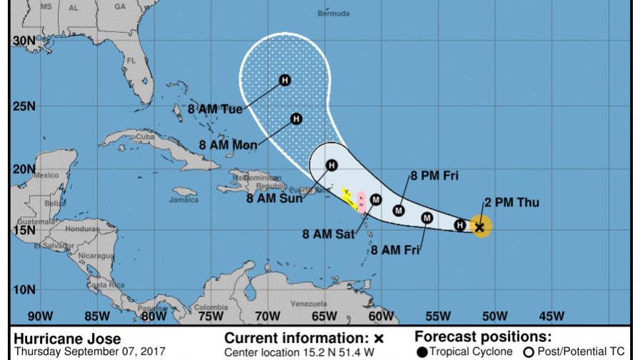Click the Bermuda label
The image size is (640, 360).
[x=334, y=14]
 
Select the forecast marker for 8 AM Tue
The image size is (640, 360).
[x=284, y=81]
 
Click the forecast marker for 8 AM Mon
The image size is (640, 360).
[x=295, y=119]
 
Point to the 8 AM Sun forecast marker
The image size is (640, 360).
[x=331, y=166]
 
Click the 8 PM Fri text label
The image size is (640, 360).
[x=434, y=174]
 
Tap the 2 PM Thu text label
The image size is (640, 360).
[x=511, y=203]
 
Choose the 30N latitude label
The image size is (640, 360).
[x=24, y=41]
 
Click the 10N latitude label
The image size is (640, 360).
[x=24, y=290]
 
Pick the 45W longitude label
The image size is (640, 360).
[x=551, y=316]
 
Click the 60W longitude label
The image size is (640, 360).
[x=381, y=316]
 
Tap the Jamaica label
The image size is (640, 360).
[x=184, y=201]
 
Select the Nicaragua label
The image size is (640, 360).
[x=94, y=254]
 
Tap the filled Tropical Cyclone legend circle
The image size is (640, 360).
[x=421, y=351]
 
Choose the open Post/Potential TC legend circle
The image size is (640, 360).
[x=530, y=351]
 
